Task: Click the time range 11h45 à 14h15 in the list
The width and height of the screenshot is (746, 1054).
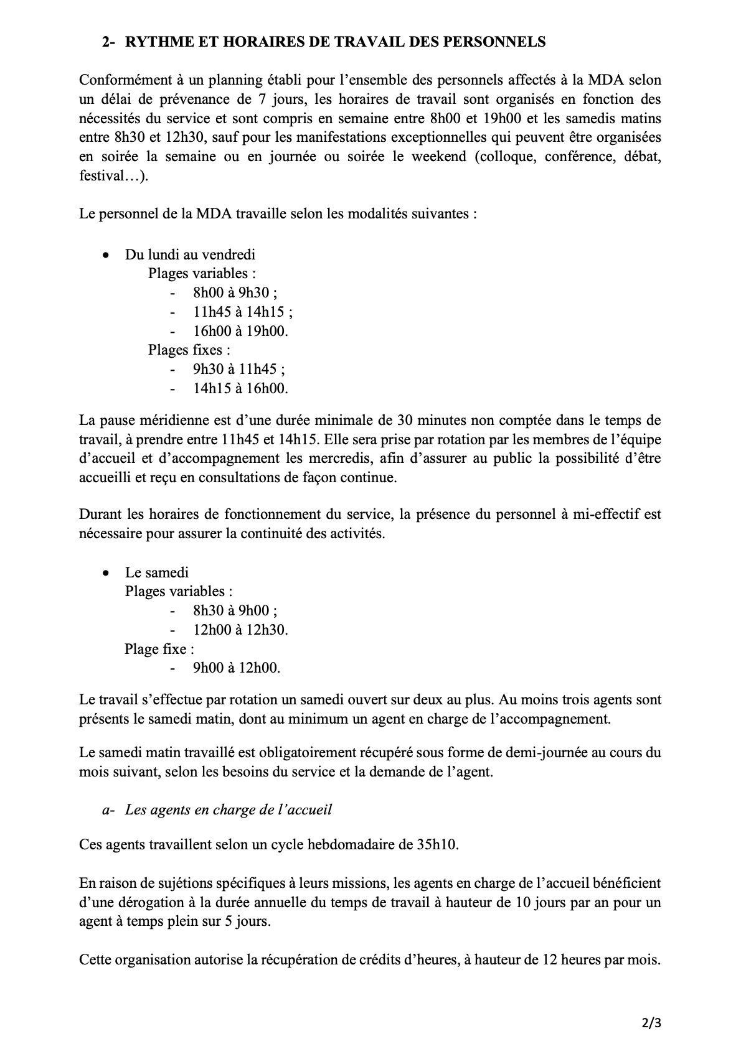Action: coord(243,312)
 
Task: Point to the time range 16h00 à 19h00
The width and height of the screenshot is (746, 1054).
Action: coord(240,331)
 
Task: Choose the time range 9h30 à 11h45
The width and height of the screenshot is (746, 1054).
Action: coord(238,369)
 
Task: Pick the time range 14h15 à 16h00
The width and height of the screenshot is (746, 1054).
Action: coord(240,388)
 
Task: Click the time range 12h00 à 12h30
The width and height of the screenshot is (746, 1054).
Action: coord(240,630)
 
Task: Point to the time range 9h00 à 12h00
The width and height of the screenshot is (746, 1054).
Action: coord(237,668)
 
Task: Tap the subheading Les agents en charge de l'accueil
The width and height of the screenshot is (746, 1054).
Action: coord(228,809)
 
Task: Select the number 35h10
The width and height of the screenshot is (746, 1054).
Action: coord(435,845)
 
